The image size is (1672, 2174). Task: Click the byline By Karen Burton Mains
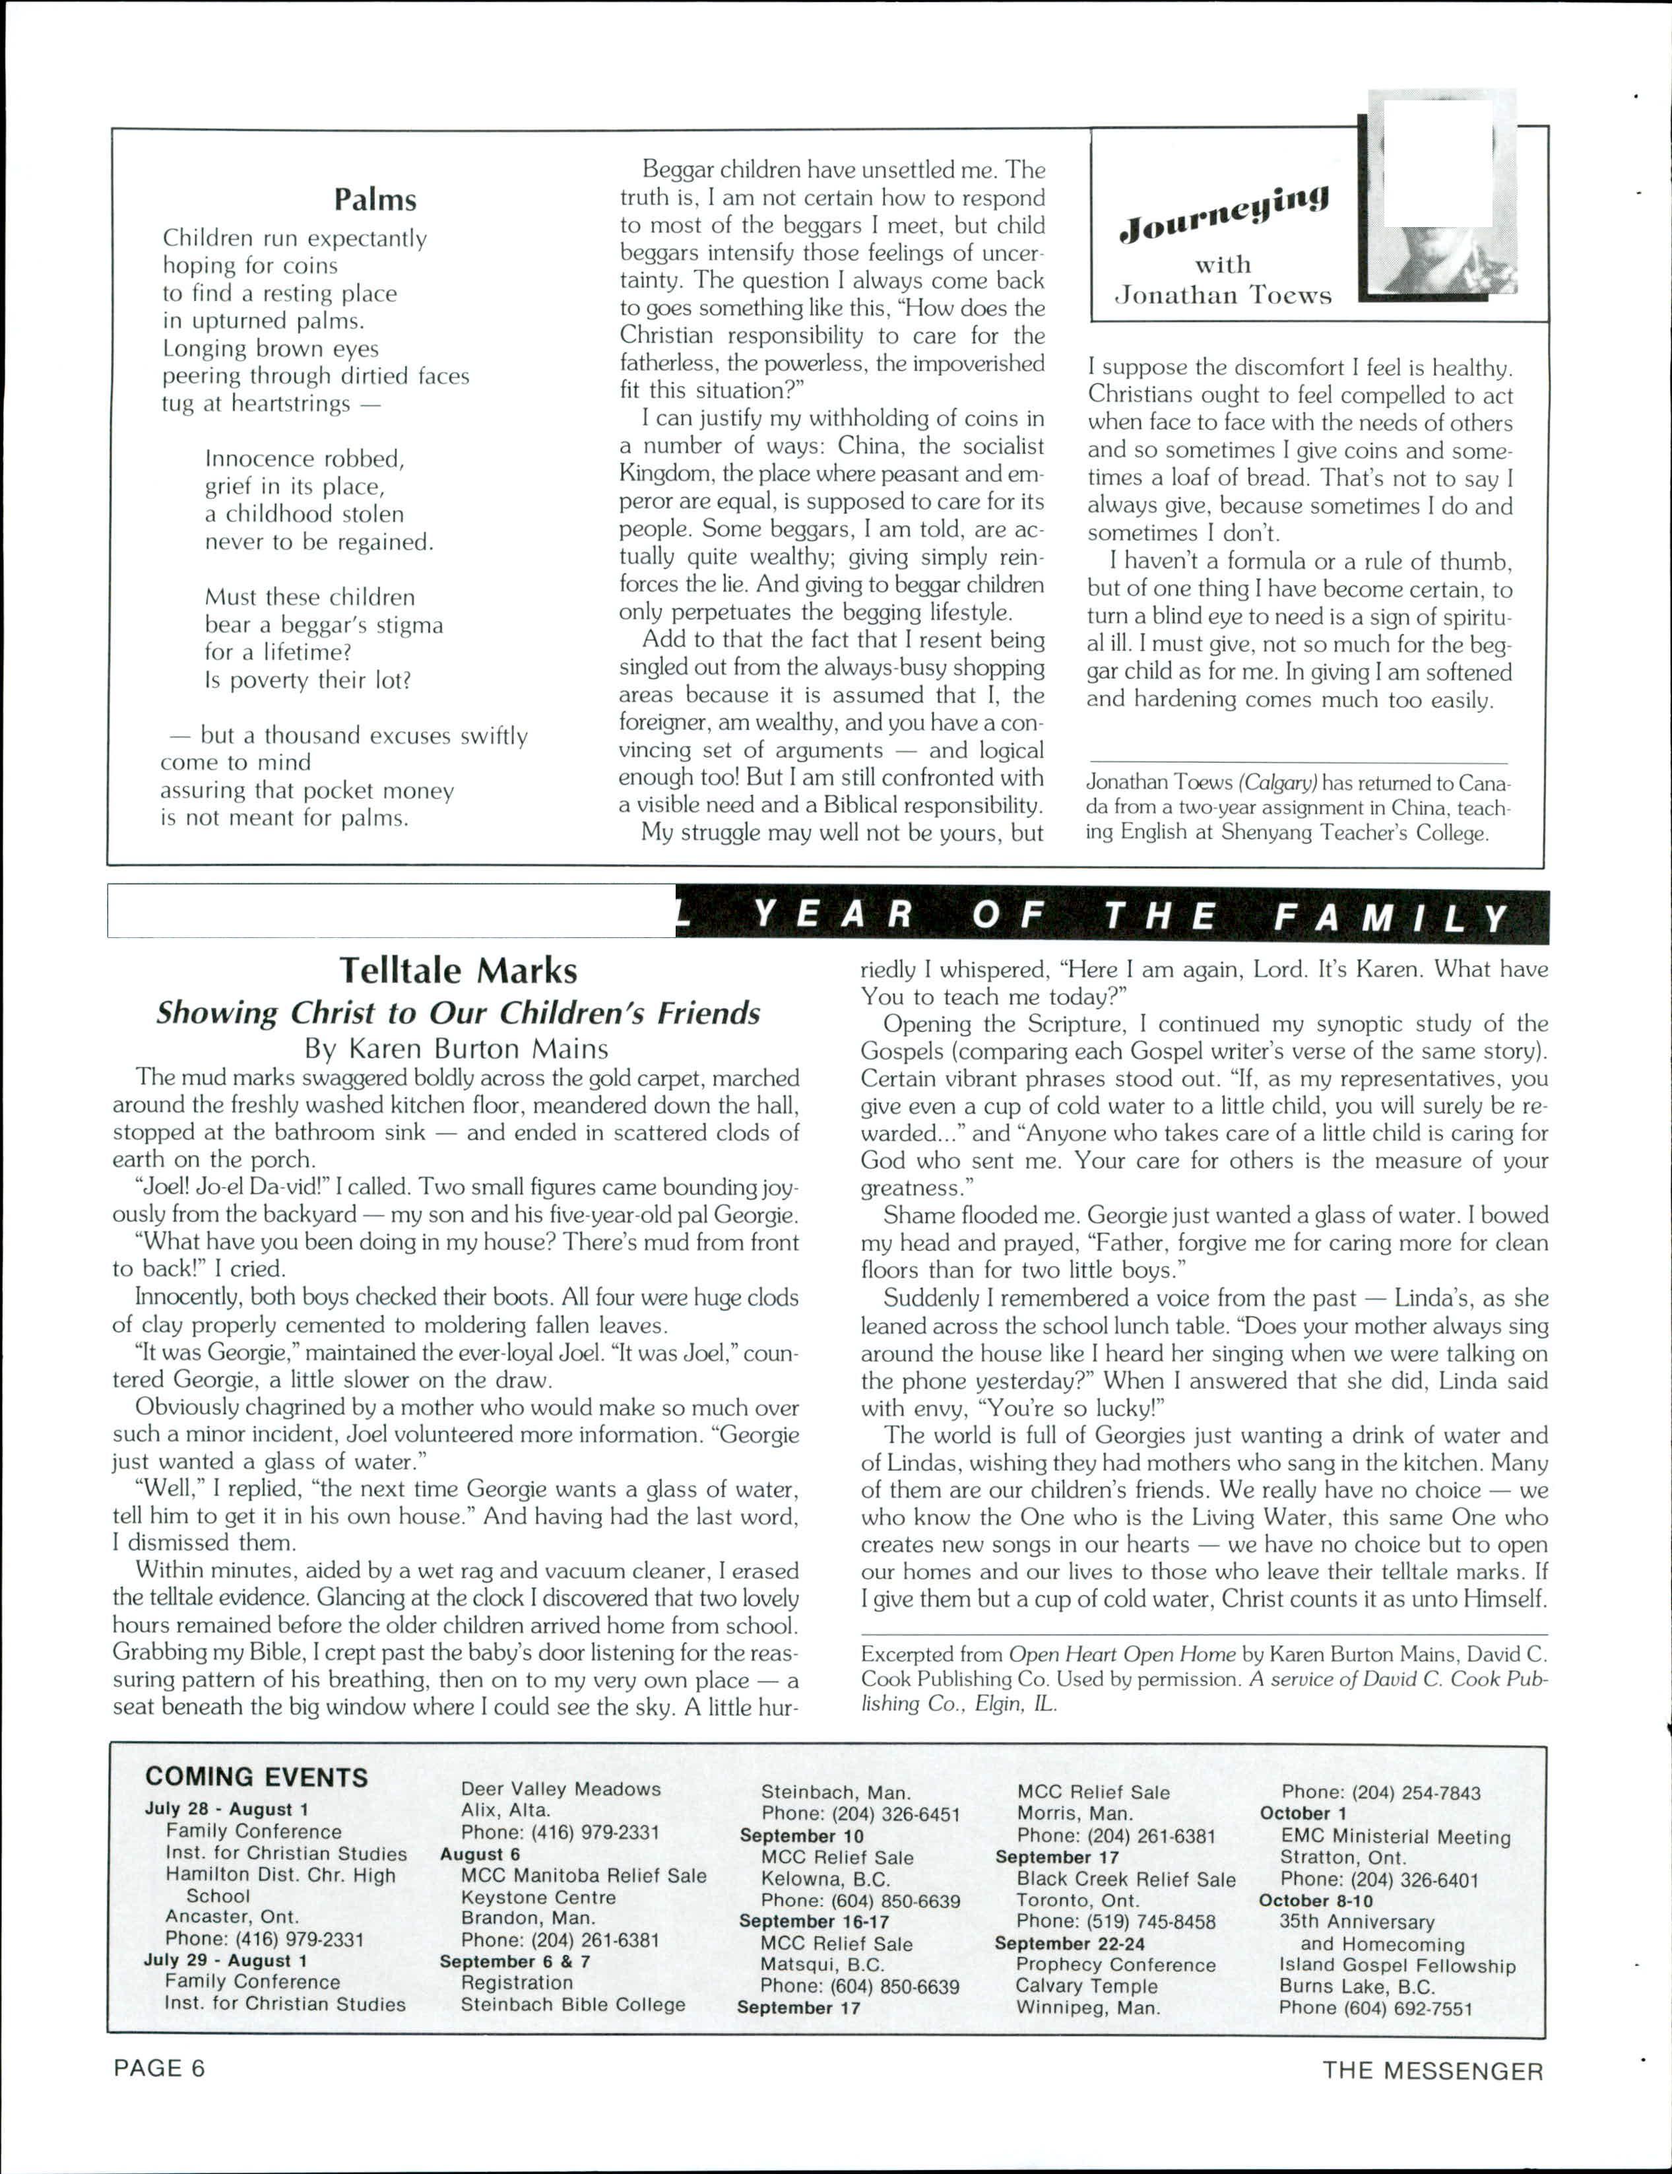pos(457,1048)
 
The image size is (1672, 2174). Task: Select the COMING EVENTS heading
pos(257,1777)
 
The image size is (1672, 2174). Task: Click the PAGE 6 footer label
pos(159,2068)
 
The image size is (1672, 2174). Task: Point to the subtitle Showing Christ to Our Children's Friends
pos(458,1012)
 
